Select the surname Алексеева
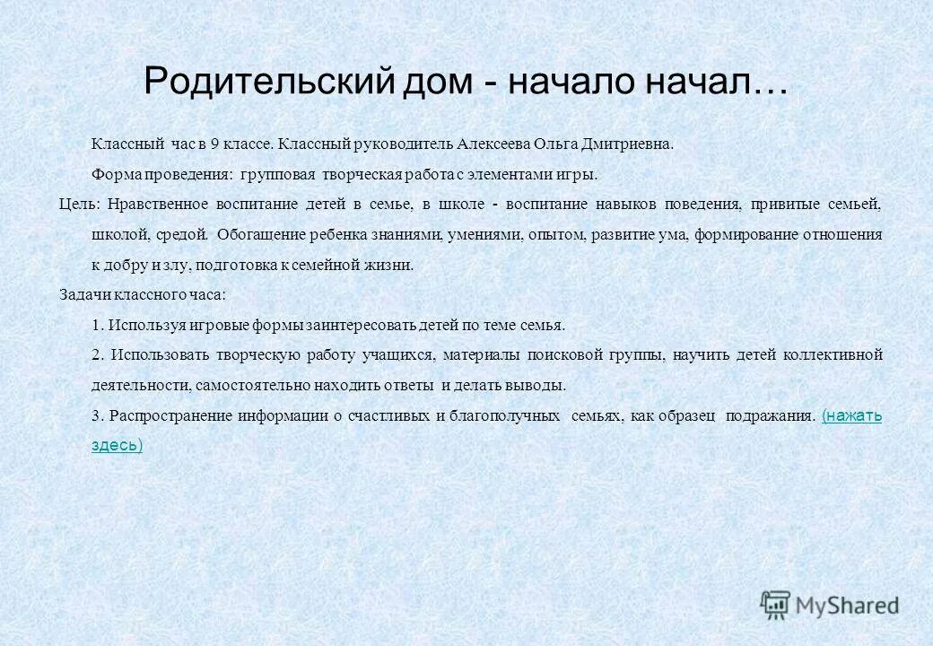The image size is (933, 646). click(493, 144)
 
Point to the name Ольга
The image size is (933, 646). click(560, 144)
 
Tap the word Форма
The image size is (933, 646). click(112, 174)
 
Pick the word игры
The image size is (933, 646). click(578, 174)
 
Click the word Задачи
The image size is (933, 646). click(82, 294)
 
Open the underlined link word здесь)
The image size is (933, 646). click(117, 445)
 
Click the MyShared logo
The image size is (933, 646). click(829, 606)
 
